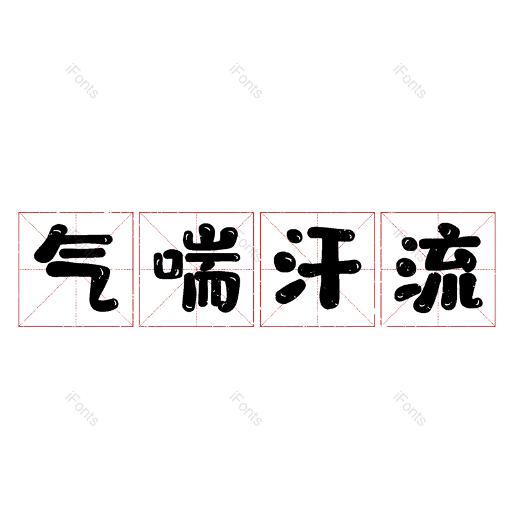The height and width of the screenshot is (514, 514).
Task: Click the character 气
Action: pyautogui.click(x=76, y=269)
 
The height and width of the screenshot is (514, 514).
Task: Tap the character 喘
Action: pyautogui.click(x=197, y=269)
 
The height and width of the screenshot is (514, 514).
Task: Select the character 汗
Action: pyautogui.click(x=317, y=269)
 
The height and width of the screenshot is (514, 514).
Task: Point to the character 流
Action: pyautogui.click(x=438, y=269)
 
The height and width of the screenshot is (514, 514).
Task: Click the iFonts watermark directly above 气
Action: pyautogui.click(x=82, y=81)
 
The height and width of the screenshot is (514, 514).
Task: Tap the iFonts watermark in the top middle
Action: pyautogui.click(x=245, y=81)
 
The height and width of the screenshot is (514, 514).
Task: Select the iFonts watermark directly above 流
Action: pyautogui.click(x=409, y=81)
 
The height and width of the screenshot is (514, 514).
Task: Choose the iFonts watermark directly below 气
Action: pyautogui.click(x=82, y=409)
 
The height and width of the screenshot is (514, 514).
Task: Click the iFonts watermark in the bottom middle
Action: pyautogui.click(x=245, y=409)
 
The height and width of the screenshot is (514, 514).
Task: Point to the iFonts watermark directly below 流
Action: pyautogui.click(x=409, y=409)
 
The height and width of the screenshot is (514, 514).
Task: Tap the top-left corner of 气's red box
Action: pyautogui.click(x=19, y=212)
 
